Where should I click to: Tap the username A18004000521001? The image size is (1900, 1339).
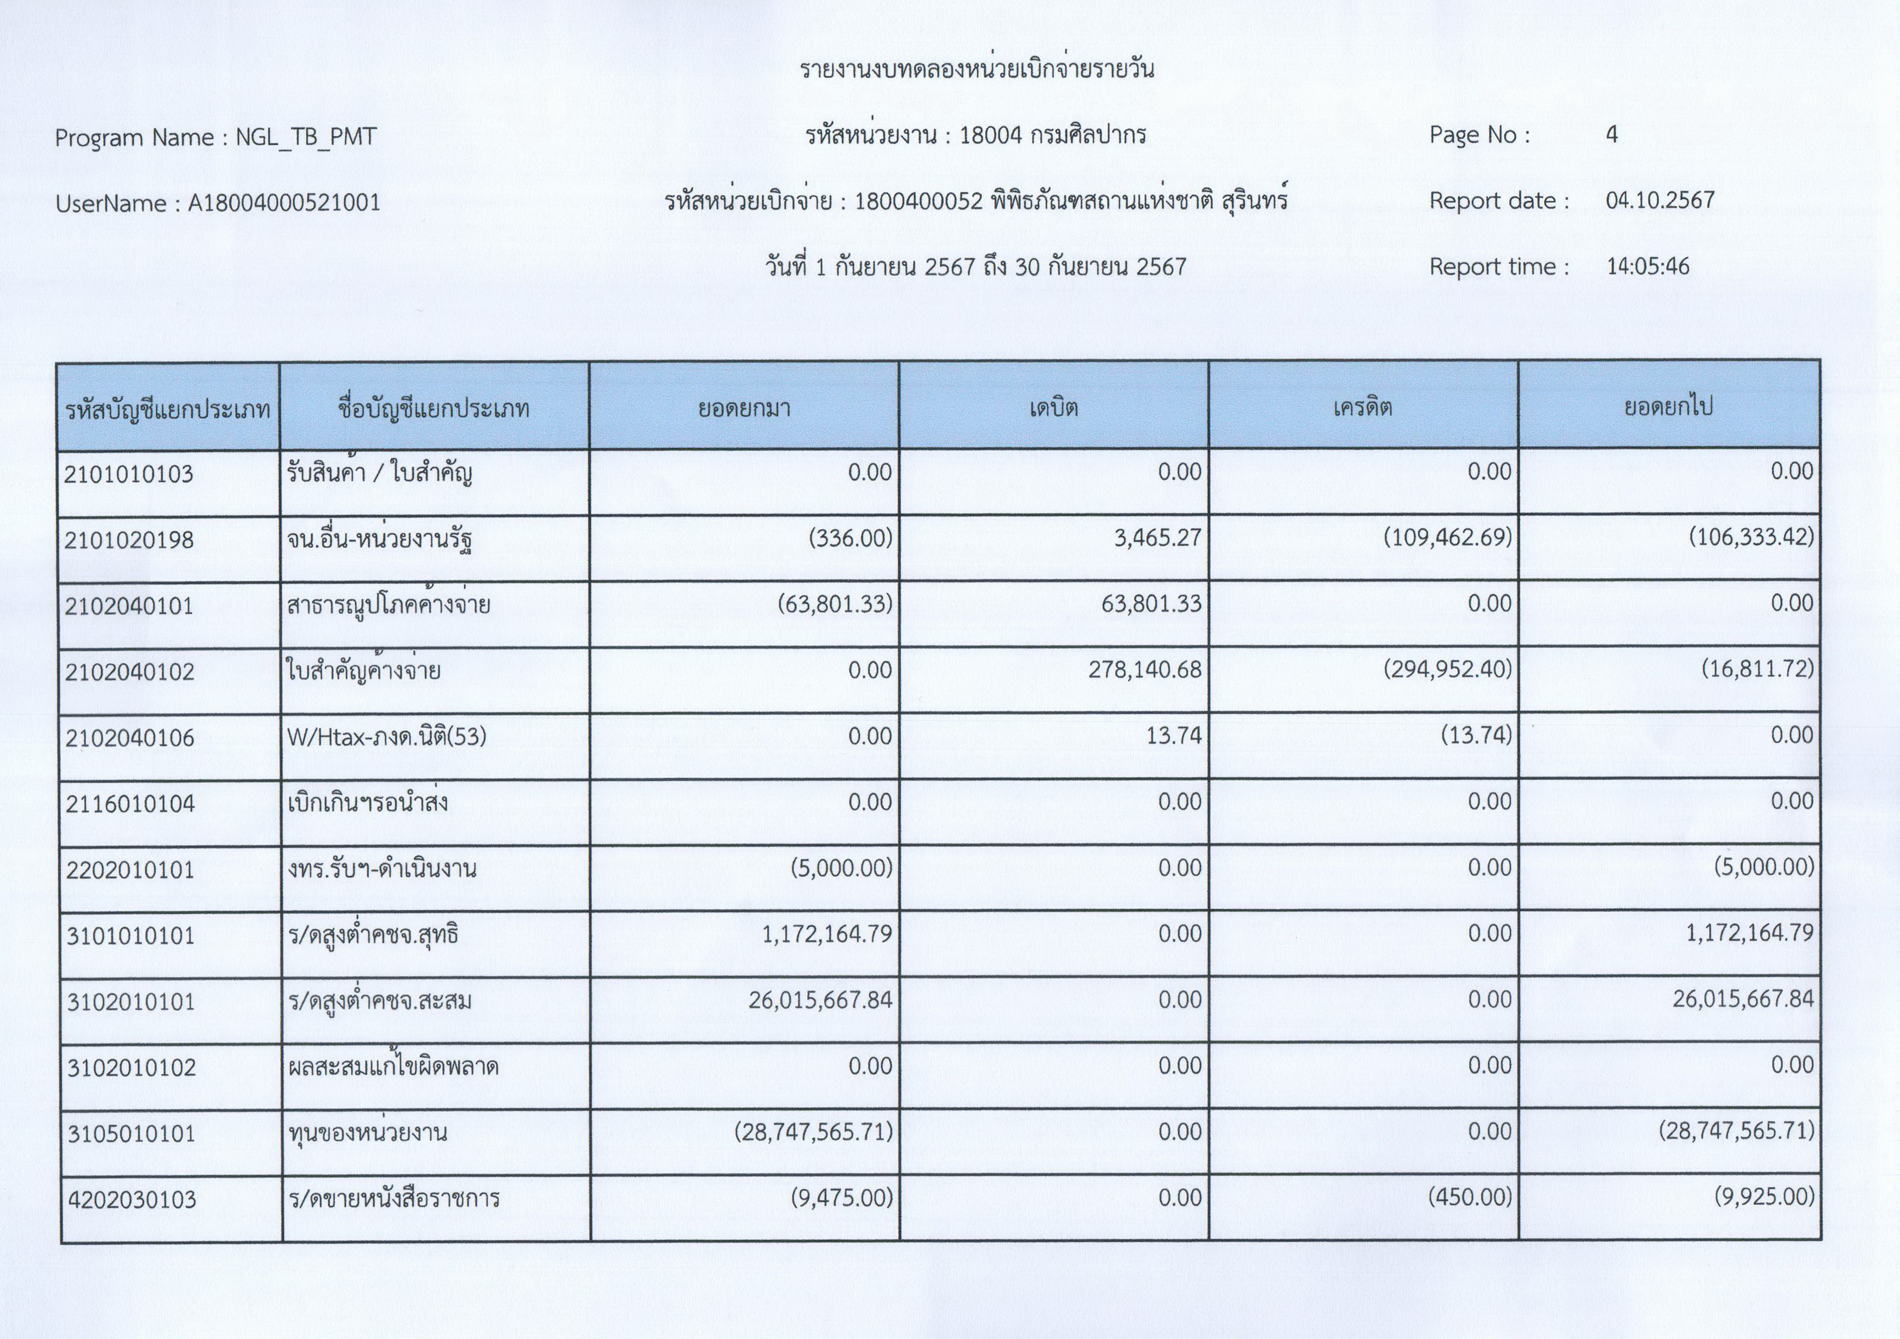click(x=284, y=203)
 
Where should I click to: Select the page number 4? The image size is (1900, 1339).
click(x=1611, y=135)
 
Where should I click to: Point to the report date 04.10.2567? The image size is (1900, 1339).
click(x=1660, y=200)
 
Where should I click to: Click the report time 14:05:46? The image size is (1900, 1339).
click(x=1647, y=266)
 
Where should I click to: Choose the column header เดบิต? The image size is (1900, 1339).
click(x=1053, y=407)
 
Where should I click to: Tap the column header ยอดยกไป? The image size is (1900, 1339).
click(x=1668, y=407)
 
